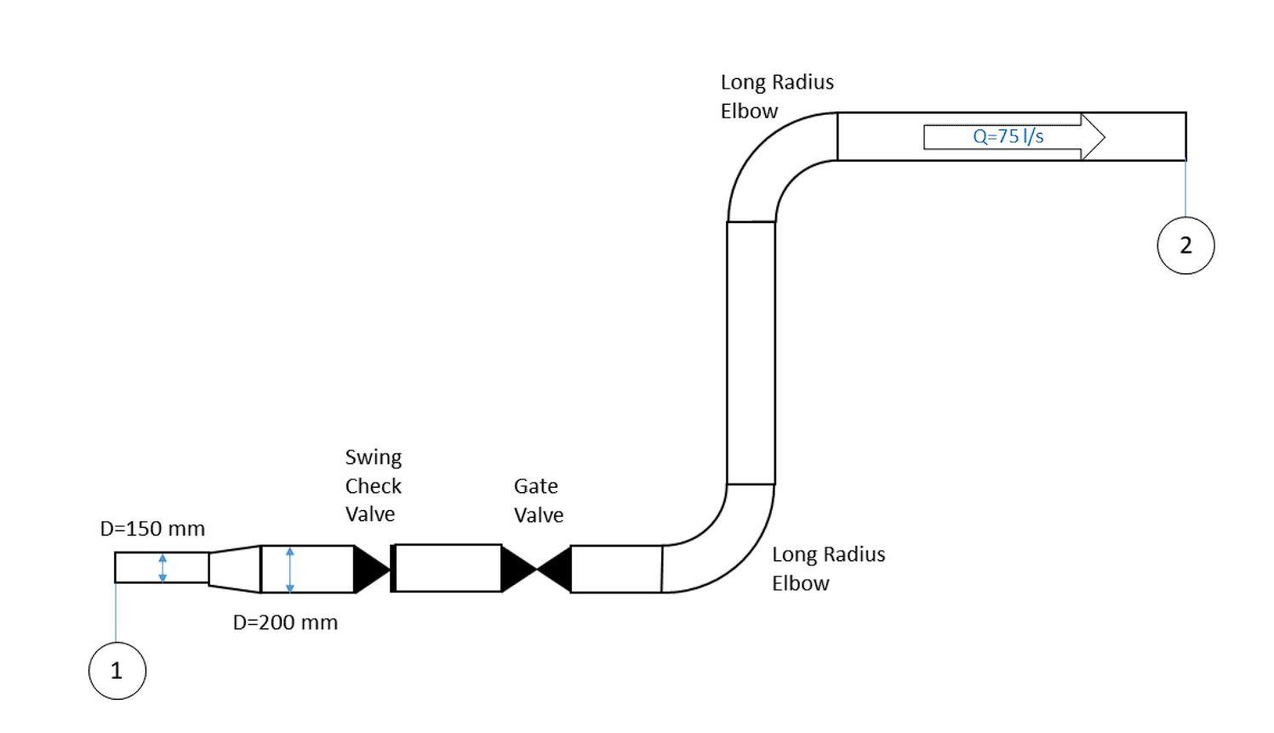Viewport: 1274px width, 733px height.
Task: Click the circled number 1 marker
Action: coord(117,671)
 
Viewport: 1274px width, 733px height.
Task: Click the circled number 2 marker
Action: coord(1185,245)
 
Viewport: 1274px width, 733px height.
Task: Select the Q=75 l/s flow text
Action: coord(1008,136)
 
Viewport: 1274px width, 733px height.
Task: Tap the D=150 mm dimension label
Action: coord(152,529)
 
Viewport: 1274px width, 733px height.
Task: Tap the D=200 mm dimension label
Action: coord(285,622)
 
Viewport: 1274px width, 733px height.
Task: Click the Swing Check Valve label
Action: coord(373,485)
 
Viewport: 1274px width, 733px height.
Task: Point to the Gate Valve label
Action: coord(538,501)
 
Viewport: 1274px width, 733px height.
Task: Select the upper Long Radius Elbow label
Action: coord(776,96)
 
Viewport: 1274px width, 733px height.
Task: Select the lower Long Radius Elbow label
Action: coord(828,569)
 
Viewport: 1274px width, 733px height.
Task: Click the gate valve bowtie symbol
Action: coord(536,569)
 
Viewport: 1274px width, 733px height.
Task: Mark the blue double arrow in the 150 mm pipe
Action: coord(163,568)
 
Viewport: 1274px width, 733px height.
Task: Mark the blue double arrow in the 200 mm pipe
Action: coord(290,570)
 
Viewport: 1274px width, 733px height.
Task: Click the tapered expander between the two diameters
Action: coord(234,569)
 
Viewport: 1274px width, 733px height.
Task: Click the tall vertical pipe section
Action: coord(751,353)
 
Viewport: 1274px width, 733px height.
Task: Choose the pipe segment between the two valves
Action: coord(448,568)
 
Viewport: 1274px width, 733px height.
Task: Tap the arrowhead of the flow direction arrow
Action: coord(1093,136)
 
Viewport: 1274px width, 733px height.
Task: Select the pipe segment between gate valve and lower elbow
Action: coord(616,569)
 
